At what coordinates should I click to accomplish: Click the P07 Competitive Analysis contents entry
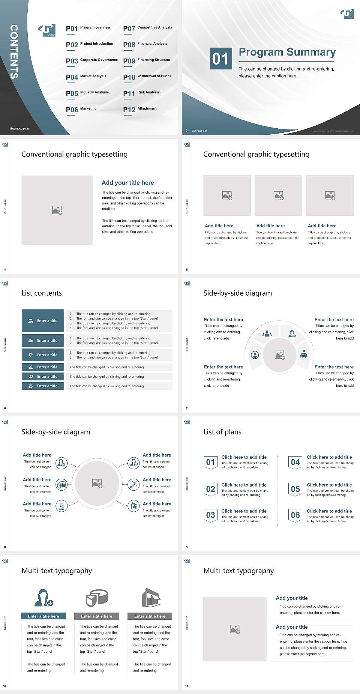click(x=147, y=28)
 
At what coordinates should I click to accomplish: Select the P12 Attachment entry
click(x=140, y=109)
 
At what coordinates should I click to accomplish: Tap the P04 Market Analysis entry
click(x=86, y=77)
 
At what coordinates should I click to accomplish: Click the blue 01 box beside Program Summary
click(x=220, y=59)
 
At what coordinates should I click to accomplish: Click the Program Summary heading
click(x=287, y=52)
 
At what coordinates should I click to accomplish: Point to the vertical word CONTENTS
click(x=13, y=52)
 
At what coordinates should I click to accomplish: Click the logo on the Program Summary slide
click(x=347, y=14)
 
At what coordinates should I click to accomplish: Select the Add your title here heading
click(x=127, y=183)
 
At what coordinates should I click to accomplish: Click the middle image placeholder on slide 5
click(x=278, y=195)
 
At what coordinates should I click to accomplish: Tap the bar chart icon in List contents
click(x=31, y=367)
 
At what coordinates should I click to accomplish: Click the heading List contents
click(x=42, y=293)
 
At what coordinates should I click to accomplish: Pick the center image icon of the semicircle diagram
click(x=279, y=355)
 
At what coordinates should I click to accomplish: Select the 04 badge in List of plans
click(x=295, y=463)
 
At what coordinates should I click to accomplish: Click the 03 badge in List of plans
click(x=210, y=515)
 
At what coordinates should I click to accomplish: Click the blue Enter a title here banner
click(x=43, y=616)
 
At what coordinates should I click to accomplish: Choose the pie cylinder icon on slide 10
click(x=97, y=598)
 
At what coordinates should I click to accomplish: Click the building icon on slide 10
click(x=151, y=598)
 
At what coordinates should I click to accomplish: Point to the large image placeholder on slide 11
click(x=235, y=629)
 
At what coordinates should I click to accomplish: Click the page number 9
click(x=187, y=547)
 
